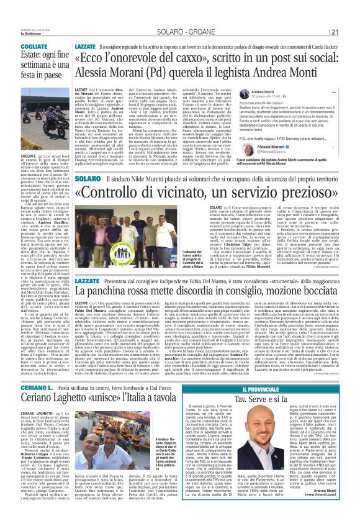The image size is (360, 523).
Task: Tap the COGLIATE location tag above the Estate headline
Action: click(x=20, y=45)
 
